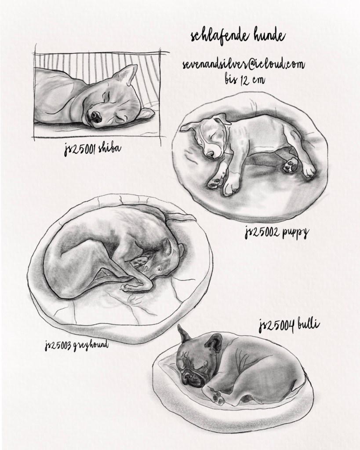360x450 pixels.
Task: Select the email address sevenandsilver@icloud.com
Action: (x=243, y=65)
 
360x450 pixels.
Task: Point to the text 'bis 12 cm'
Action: (x=245, y=79)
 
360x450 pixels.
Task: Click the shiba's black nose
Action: (x=95, y=117)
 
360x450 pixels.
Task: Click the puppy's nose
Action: (x=210, y=154)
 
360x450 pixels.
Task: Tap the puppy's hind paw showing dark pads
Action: (x=290, y=166)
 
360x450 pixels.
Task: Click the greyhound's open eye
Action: (x=158, y=269)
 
